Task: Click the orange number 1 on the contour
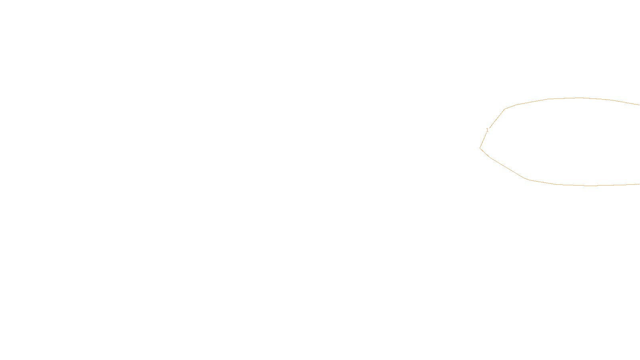click(487, 130)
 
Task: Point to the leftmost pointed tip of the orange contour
click(480, 148)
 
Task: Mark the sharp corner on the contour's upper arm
click(505, 109)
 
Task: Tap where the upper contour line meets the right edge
click(639, 105)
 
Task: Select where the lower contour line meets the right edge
click(639, 184)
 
